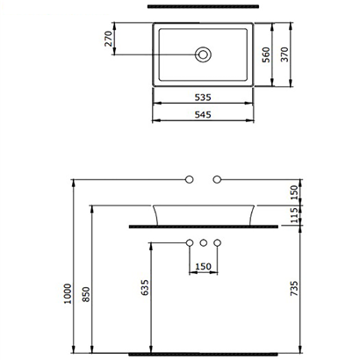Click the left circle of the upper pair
188,180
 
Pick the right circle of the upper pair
218,180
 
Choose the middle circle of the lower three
203,241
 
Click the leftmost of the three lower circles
189,241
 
